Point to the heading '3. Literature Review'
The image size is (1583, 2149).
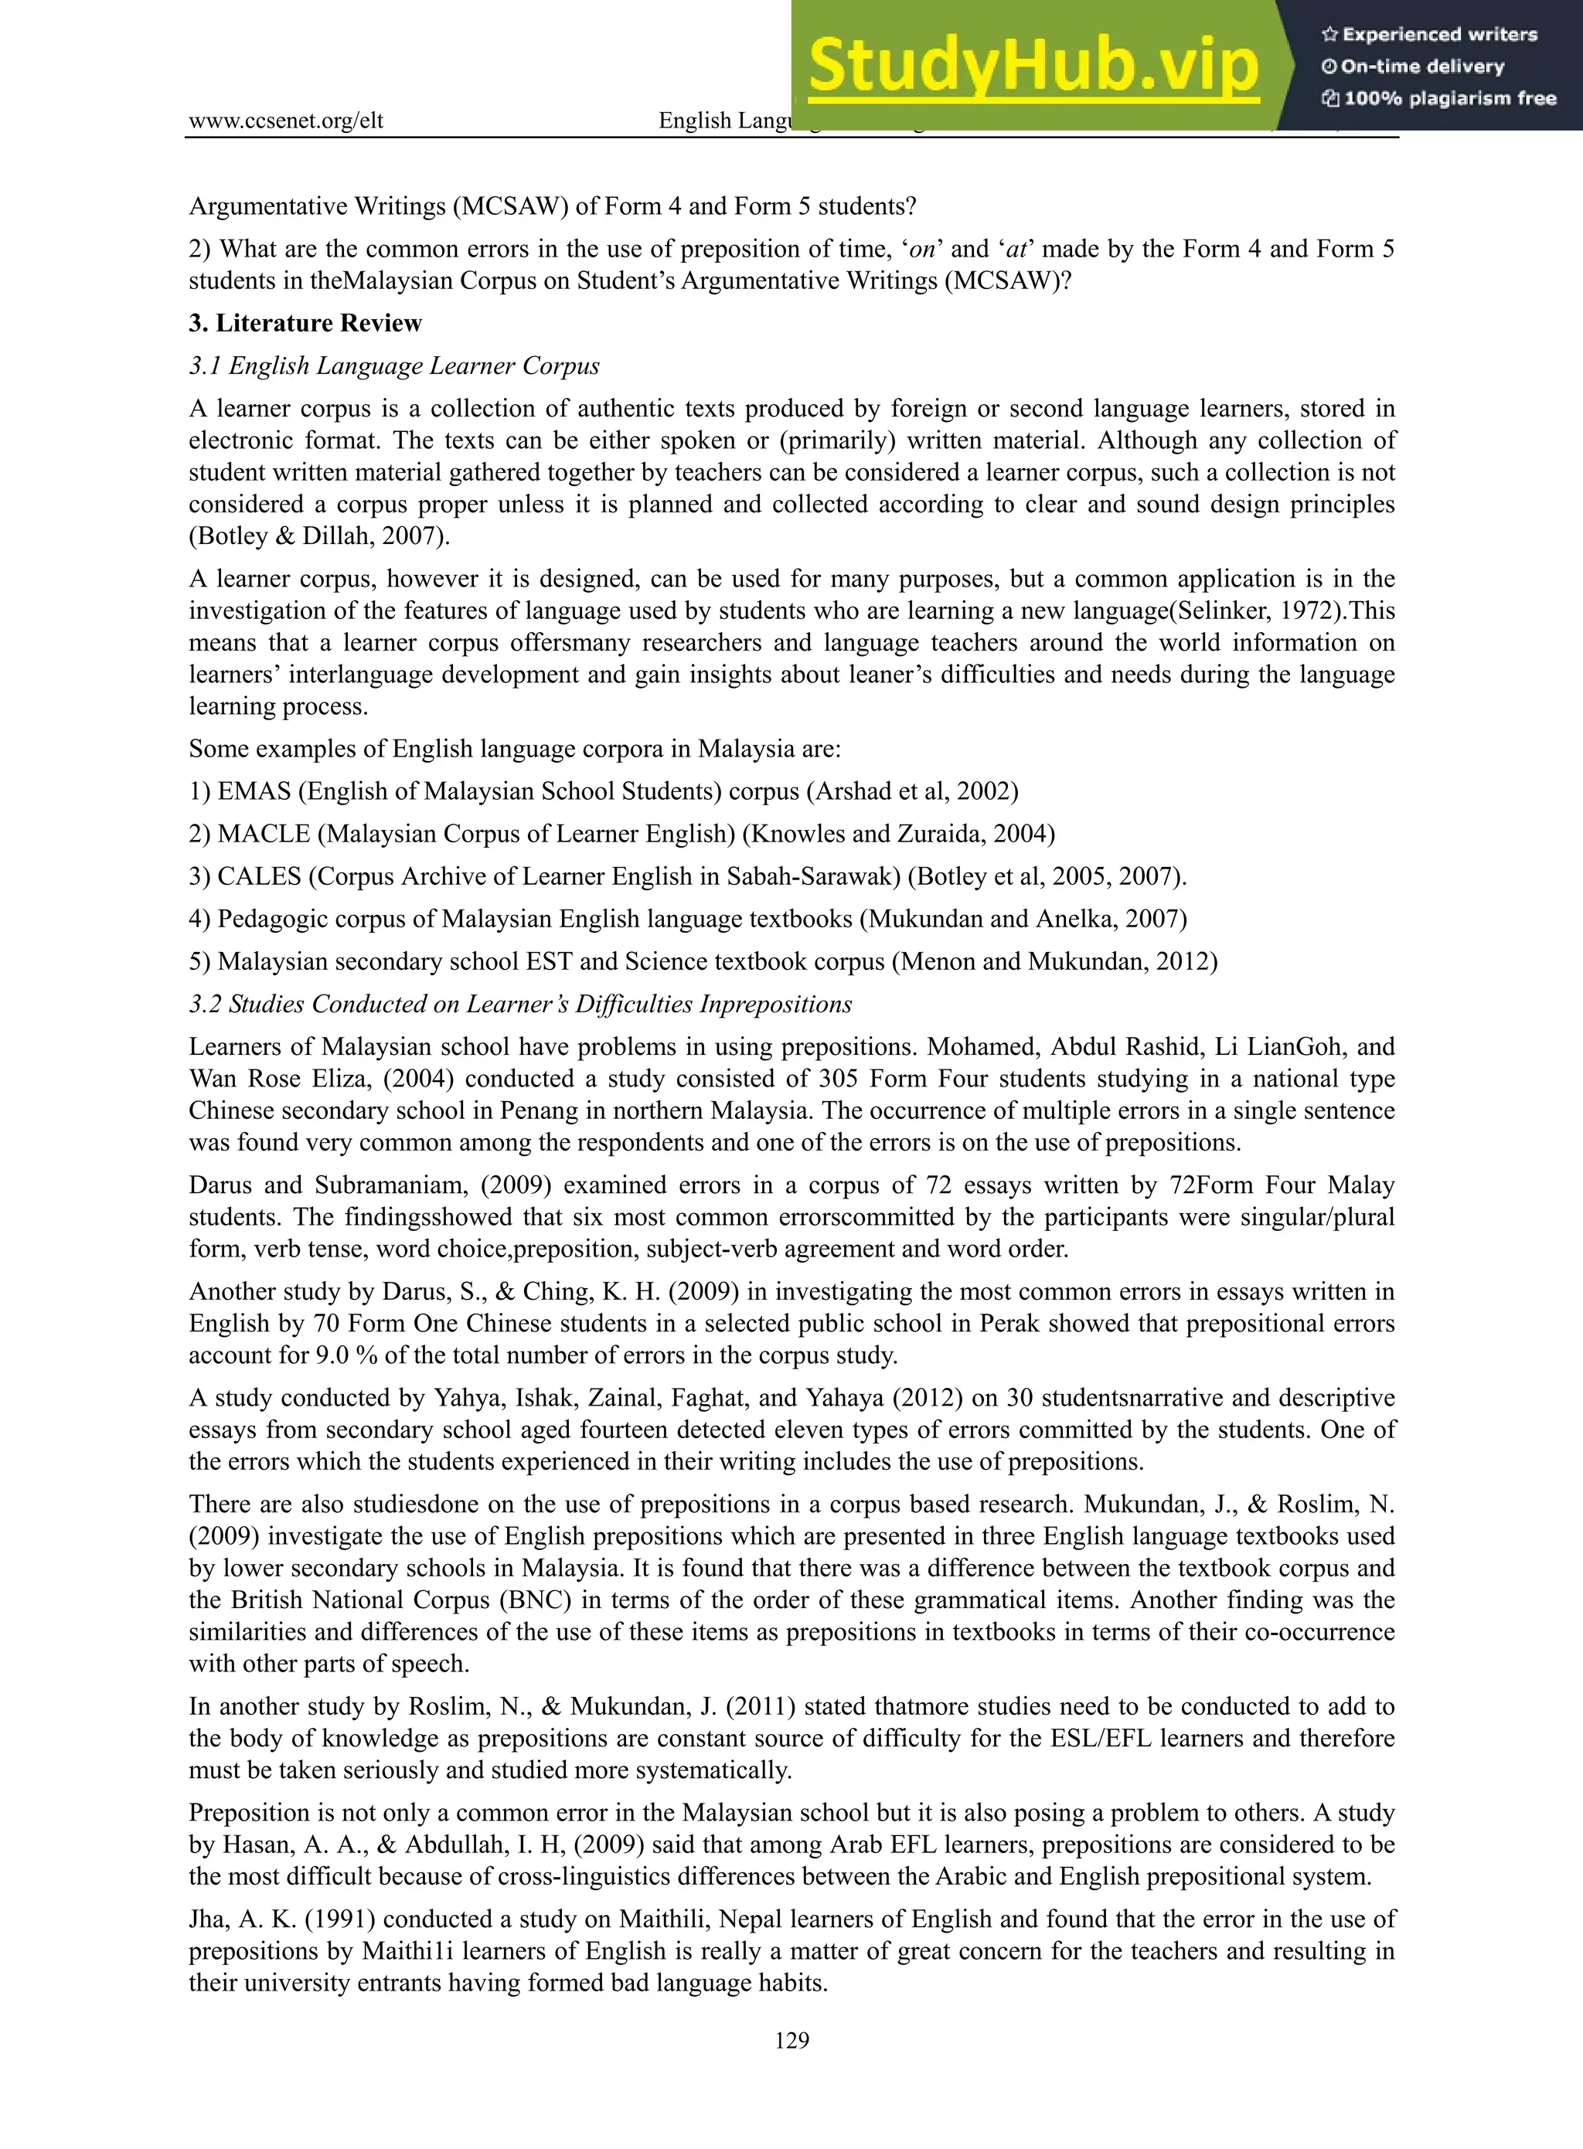(305, 323)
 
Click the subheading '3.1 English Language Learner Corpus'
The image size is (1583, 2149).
(394, 366)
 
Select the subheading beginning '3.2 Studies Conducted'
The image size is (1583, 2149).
(519, 1004)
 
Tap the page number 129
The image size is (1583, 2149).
(791, 2040)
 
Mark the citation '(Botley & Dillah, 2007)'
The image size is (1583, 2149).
(318, 536)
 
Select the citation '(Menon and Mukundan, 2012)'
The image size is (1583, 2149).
(1054, 962)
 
